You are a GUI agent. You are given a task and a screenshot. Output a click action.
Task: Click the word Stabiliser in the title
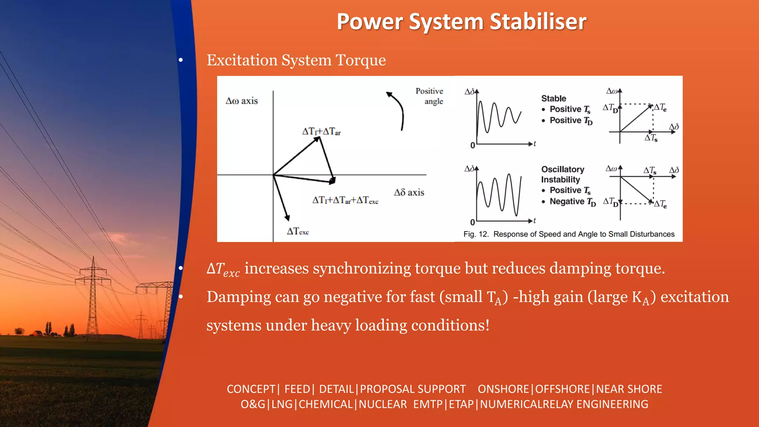click(538, 21)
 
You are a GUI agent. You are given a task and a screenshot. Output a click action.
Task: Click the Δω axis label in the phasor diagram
click(242, 101)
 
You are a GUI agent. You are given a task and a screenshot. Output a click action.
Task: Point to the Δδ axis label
click(409, 192)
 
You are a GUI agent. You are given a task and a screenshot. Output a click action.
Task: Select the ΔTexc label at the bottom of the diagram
click(298, 231)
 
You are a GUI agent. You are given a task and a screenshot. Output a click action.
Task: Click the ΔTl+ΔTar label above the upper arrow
click(321, 132)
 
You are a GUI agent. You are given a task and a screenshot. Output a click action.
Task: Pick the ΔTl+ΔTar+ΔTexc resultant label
click(345, 200)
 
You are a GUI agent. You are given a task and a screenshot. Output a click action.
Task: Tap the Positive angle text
click(430, 96)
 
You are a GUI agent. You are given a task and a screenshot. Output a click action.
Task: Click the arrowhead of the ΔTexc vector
click(287, 218)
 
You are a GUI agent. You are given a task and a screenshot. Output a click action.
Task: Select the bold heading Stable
click(553, 99)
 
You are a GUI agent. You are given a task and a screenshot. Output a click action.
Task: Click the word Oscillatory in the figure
click(562, 169)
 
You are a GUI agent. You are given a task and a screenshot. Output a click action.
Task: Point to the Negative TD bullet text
click(572, 202)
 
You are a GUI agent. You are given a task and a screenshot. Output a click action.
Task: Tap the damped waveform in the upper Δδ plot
click(498, 117)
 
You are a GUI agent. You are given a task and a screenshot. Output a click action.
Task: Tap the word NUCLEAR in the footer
click(382, 404)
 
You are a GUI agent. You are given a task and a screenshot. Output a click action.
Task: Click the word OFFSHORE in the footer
click(562, 389)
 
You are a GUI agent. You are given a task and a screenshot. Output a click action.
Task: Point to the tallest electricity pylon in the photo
click(93, 297)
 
